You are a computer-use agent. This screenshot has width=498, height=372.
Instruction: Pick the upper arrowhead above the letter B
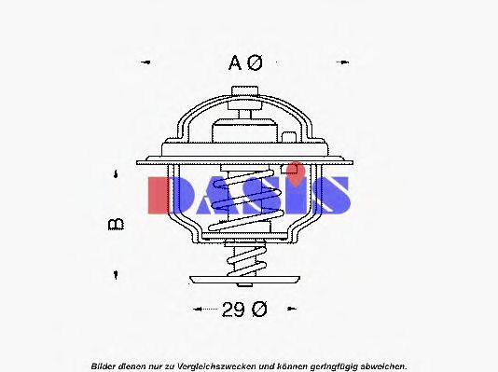pos(116,174)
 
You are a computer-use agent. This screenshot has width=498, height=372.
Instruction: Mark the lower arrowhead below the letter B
pos(116,274)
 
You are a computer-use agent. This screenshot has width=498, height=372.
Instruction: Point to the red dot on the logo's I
pos(295,169)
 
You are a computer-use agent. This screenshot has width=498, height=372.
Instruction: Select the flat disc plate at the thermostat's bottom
pos(246,278)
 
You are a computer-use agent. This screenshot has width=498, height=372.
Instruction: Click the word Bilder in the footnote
pos(104,365)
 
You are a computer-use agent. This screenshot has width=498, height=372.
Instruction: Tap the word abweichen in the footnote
pos(380,365)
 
